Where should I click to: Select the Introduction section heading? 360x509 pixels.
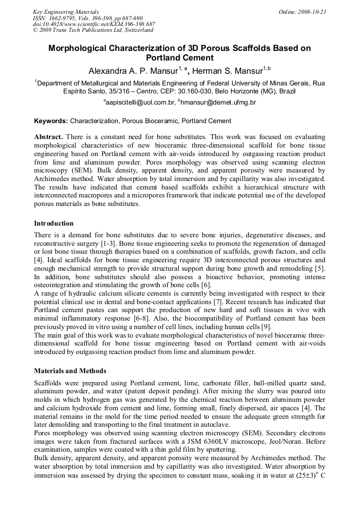[x=54, y=223]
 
